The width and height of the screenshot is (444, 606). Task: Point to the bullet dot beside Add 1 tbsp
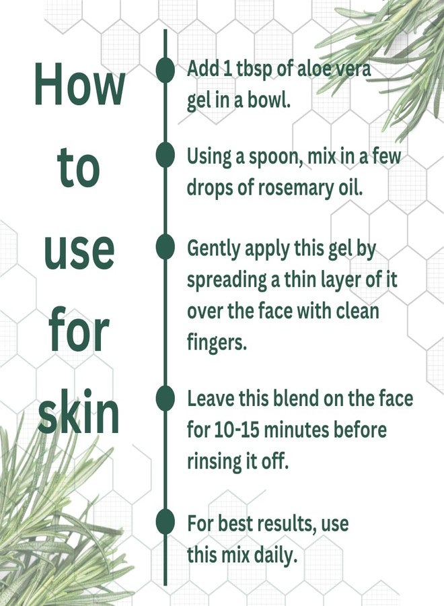click(x=165, y=69)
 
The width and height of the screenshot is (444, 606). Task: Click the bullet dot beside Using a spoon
click(x=165, y=155)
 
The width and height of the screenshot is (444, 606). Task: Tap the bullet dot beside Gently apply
click(x=165, y=247)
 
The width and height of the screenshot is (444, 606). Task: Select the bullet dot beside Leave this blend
click(x=165, y=398)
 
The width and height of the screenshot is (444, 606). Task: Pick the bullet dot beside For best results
click(x=165, y=523)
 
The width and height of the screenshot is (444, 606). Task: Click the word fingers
click(x=216, y=342)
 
